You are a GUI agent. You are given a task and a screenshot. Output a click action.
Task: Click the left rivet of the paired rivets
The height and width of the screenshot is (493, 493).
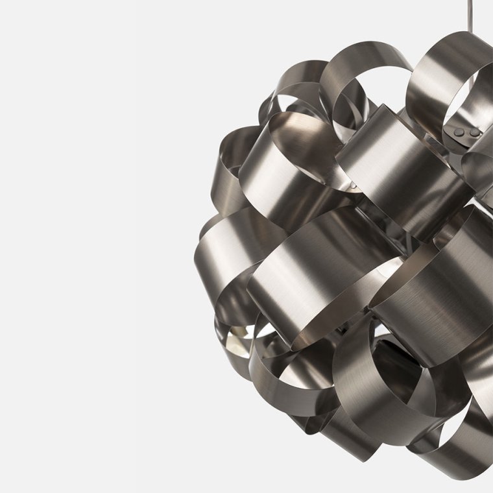pyautogui.click(x=459, y=132)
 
